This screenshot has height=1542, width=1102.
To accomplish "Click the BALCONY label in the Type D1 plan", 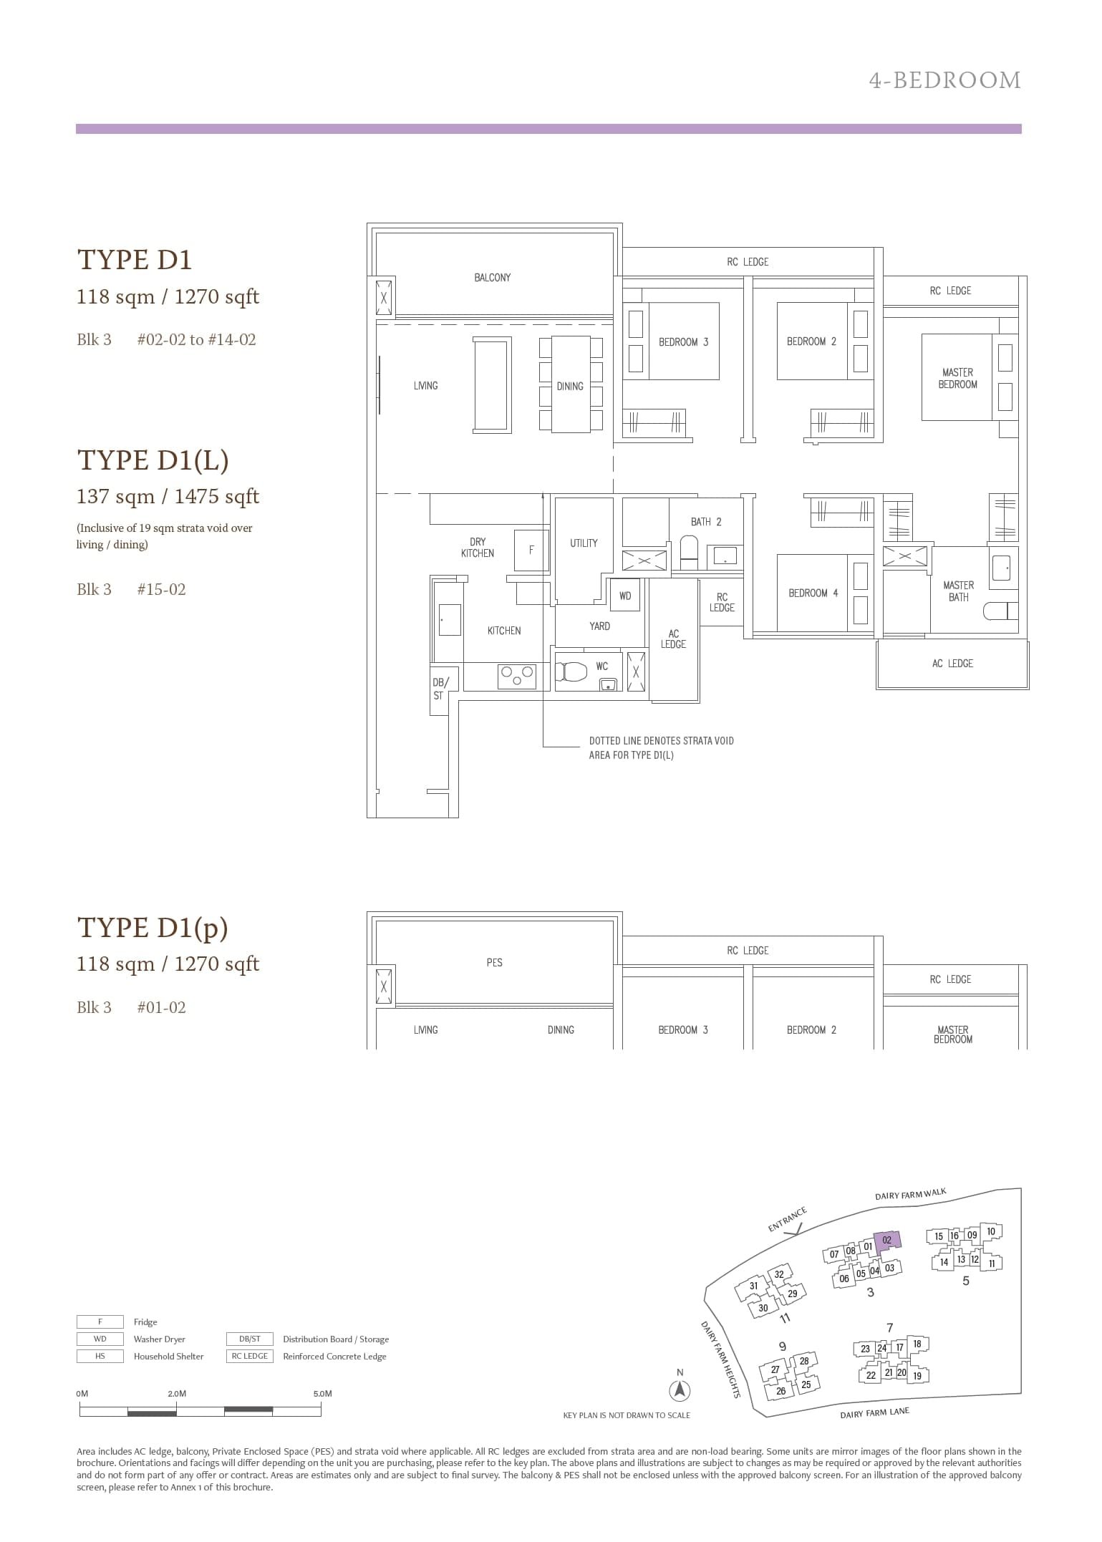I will (492, 278).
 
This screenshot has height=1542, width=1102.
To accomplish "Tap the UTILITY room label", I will (584, 543).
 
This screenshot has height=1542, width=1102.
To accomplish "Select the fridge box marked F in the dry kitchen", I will (531, 551).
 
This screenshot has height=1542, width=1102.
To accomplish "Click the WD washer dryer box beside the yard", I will (625, 596).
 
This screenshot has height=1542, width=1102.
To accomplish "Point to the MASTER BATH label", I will (958, 591).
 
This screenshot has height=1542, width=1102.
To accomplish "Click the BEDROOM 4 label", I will (813, 593).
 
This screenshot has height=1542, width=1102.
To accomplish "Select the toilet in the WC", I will (572, 672).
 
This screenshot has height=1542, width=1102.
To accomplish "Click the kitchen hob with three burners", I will (517, 675).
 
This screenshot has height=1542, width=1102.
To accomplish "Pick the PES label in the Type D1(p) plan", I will (494, 963).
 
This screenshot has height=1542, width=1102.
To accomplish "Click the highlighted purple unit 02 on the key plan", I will (887, 1241).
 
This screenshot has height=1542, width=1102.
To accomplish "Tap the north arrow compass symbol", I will (680, 1391).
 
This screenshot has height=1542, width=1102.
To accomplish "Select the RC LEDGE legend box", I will (249, 1356).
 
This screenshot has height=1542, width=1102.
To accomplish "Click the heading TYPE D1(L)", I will (153, 460).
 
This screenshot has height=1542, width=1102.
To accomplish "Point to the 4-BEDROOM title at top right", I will (944, 80).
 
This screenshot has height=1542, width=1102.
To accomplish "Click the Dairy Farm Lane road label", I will (874, 1413).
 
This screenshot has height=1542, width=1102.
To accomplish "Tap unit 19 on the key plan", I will (917, 1375).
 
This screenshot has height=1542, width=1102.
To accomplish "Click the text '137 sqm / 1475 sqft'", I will (168, 497).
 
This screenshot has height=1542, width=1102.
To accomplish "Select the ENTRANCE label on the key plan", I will (787, 1220).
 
